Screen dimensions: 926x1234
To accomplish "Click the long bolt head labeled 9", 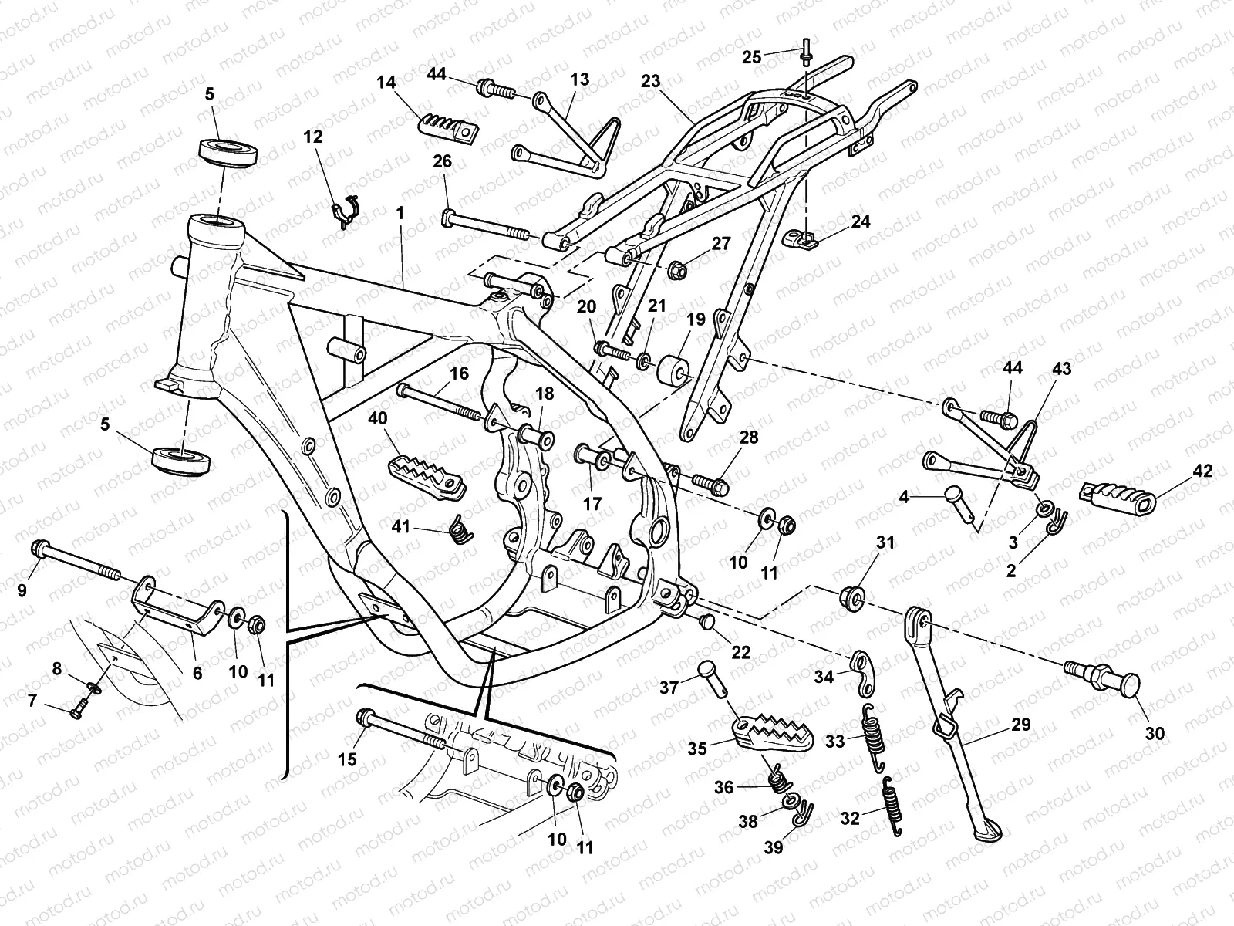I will [x=39, y=549].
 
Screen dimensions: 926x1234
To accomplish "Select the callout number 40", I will [x=377, y=419].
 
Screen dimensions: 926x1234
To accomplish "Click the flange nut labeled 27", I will [x=679, y=271].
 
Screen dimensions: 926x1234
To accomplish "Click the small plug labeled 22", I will [x=707, y=620].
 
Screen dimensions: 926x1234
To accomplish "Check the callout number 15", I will [x=347, y=759].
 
